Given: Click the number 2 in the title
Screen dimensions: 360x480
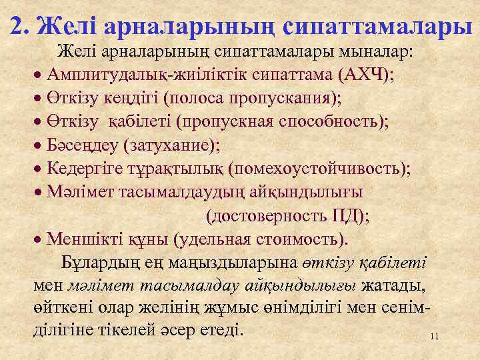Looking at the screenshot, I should click(19, 25).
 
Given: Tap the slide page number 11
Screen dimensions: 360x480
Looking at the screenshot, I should click(434, 337).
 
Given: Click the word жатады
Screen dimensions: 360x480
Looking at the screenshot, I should click(392, 286).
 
